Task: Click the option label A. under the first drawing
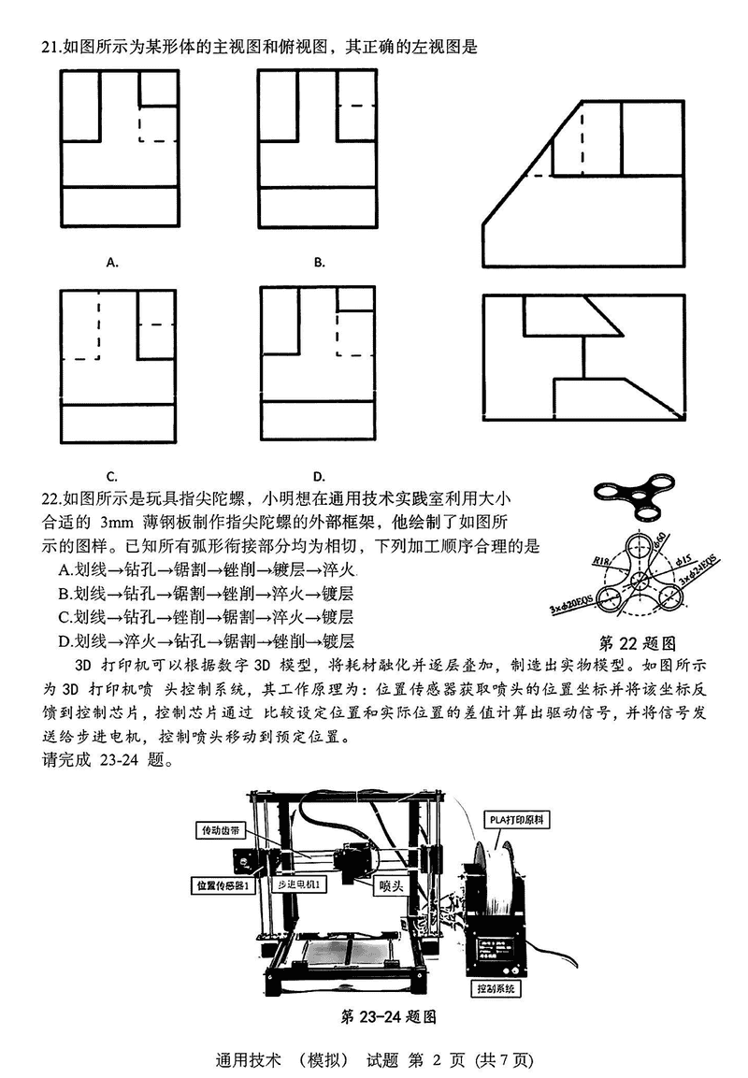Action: (112, 263)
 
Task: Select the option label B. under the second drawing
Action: (319, 263)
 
